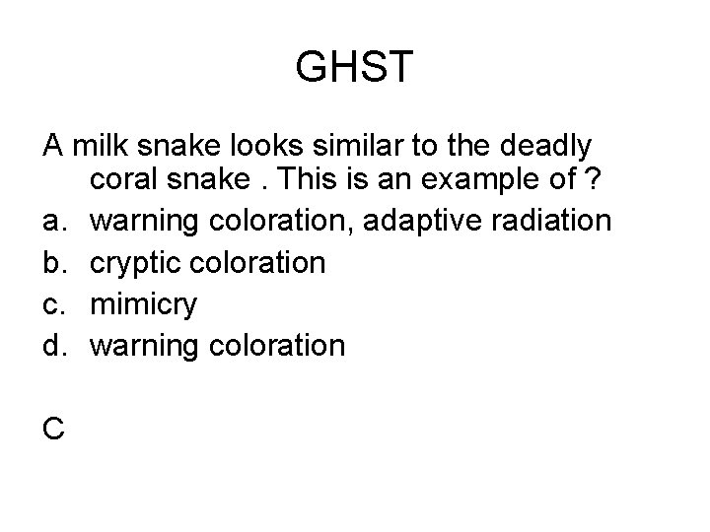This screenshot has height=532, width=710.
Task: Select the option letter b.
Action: [52, 263]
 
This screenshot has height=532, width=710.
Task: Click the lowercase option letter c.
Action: [52, 304]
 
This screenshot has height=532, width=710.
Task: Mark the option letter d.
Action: [52, 345]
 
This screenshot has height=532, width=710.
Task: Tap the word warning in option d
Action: [145, 346]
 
